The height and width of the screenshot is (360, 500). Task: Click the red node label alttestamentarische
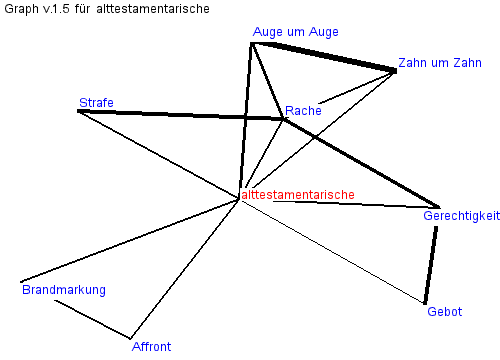tap(298, 195)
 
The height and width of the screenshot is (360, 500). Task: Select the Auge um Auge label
tap(296, 32)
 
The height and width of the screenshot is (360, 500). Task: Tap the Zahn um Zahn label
tap(440, 63)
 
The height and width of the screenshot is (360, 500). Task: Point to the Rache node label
tap(303, 111)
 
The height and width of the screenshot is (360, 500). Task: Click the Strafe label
tap(96, 103)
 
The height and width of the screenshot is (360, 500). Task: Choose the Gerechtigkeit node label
tap(462, 216)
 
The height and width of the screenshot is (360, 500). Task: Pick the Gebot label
tap(445, 312)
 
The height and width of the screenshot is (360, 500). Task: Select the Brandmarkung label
tap(64, 290)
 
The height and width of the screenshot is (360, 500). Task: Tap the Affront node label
tap(151, 347)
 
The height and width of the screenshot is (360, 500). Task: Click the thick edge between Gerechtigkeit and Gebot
tap(431, 265)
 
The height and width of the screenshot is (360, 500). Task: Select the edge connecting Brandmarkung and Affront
tap(93, 319)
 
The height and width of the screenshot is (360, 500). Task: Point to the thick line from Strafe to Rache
tap(180, 115)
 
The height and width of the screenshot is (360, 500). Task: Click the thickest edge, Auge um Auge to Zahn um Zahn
tap(323, 57)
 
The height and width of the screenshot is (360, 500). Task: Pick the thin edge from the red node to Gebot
tap(332, 252)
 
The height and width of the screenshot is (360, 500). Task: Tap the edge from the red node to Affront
tap(185, 269)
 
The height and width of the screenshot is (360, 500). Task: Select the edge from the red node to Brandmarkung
tap(130, 241)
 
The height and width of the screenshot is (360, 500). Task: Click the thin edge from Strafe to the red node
tap(159, 155)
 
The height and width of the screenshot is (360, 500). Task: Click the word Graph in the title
tap(21, 9)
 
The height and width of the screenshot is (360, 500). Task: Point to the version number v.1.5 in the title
tap(56, 9)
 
